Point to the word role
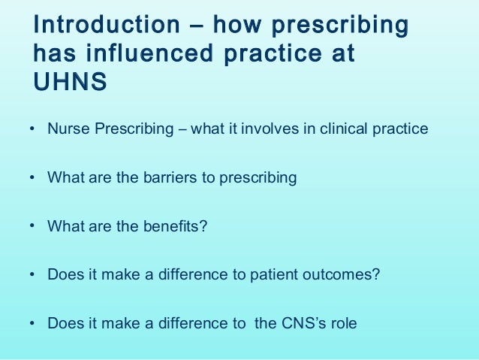342,323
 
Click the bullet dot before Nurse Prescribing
32,129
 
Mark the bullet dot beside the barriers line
32,178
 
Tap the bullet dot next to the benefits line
32,225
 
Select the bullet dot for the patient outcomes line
32,275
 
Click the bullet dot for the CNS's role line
32,324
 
